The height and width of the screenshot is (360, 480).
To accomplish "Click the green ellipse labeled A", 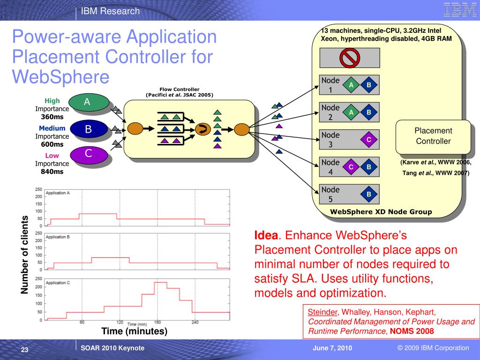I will (x=87, y=103).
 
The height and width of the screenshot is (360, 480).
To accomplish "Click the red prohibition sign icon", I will (x=349, y=58).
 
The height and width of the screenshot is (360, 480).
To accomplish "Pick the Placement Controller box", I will (x=433, y=136).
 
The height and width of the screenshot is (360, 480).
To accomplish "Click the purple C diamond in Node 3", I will (x=369, y=140).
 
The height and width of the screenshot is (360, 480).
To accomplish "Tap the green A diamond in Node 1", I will (x=351, y=85).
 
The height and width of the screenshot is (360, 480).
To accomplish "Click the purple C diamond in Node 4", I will (x=351, y=167).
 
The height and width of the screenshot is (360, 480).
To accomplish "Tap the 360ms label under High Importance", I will (x=52, y=117).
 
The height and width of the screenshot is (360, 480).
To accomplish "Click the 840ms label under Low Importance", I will (x=52, y=172).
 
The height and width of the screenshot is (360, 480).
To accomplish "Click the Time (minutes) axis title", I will (x=135, y=331).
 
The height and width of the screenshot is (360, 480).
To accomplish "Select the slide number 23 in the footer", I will (x=25, y=350).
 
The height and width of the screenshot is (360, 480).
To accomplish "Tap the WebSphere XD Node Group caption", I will (x=381, y=212).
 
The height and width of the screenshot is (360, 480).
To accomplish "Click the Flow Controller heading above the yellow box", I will (x=179, y=89).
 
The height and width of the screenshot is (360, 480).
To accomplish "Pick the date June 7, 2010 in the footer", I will (x=332, y=348).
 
